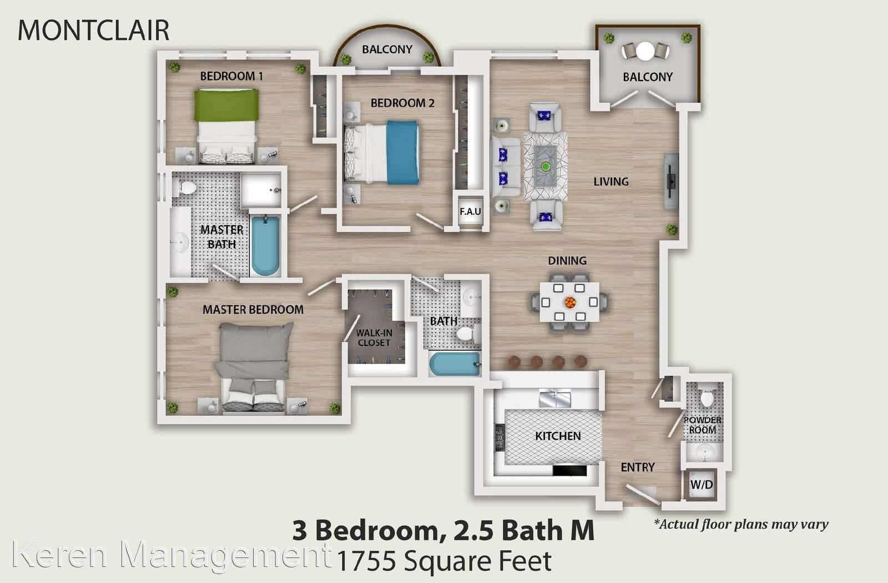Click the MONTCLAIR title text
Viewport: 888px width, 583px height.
click(94, 30)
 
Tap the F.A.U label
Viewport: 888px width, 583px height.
click(471, 212)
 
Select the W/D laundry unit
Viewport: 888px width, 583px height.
click(702, 484)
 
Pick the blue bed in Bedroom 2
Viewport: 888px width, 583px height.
click(381, 152)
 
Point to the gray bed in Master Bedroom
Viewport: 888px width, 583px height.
click(253, 367)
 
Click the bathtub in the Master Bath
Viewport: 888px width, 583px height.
click(265, 245)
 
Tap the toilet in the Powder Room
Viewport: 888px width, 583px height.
click(707, 398)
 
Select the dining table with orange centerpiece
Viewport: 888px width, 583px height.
click(569, 302)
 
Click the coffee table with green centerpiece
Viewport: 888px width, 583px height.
click(546, 166)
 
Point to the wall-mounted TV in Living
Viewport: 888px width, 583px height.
click(671, 181)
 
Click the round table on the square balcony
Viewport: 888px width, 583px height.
click(645, 51)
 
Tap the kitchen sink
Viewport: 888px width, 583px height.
click(555, 398)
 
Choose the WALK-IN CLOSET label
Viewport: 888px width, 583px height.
click(374, 338)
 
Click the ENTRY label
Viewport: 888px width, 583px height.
click(638, 467)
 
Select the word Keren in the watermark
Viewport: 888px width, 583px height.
click(59, 555)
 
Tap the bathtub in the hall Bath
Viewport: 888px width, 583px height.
click(455, 364)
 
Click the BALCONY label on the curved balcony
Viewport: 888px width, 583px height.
click(387, 49)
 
